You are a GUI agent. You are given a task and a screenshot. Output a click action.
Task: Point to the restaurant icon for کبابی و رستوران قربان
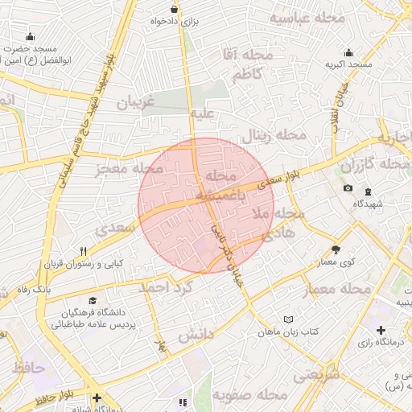coord(83,251)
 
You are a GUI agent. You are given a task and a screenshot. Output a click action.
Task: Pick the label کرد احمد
coord(167,287)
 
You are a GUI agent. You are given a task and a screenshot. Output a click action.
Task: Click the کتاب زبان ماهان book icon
coord(290,319)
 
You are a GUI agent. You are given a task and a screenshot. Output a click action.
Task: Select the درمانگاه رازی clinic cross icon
coord(381,330)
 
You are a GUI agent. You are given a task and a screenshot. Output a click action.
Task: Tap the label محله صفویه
coord(251,395)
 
